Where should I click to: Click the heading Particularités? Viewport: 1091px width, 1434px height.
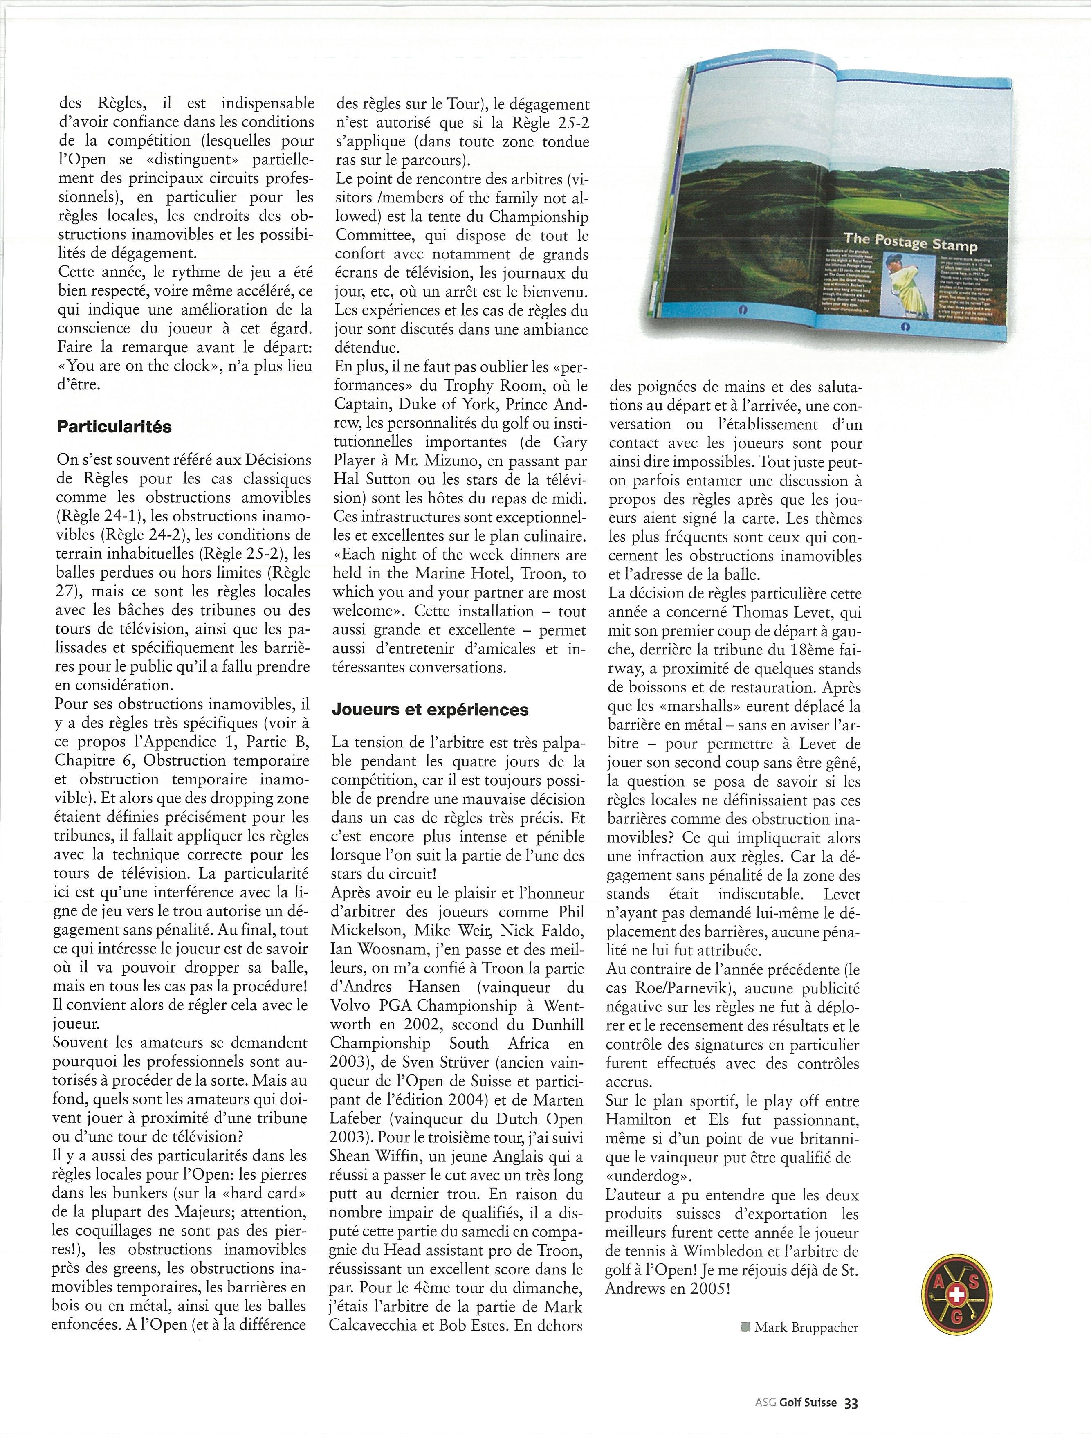pyautogui.click(x=114, y=427)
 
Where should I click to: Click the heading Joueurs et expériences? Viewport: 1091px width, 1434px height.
pyautogui.click(x=430, y=710)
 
